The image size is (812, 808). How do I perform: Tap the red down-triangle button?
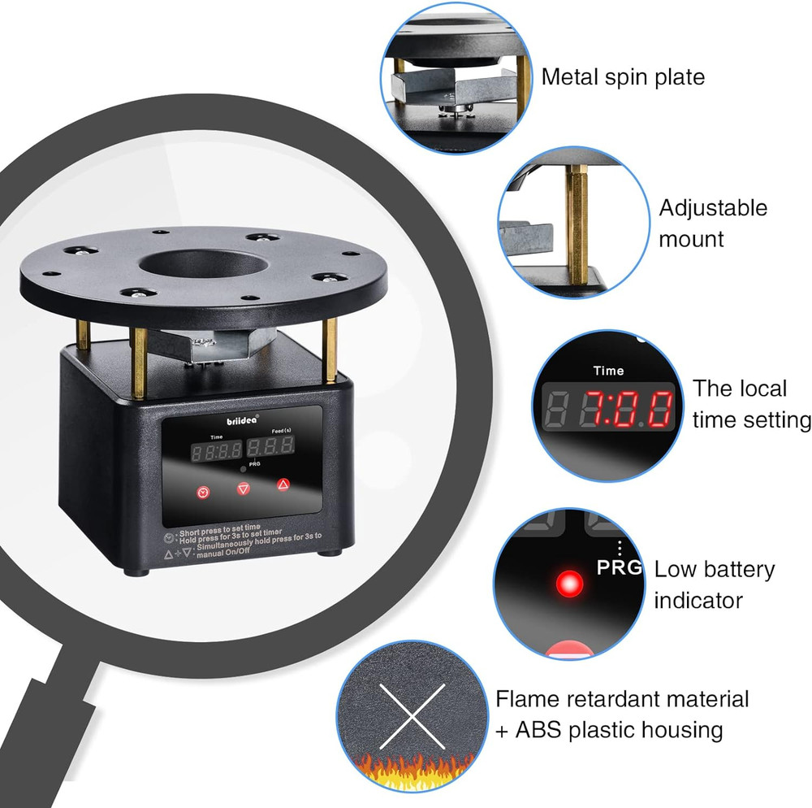click(242, 489)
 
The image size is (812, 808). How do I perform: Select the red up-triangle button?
click(283, 484)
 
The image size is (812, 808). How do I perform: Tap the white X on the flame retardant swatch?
click(412, 716)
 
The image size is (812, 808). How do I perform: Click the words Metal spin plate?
click(623, 77)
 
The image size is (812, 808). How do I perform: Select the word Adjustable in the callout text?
click(713, 208)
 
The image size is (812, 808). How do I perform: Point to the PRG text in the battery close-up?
click(619, 567)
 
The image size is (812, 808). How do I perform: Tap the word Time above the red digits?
click(608, 371)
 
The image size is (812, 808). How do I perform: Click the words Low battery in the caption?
click(715, 570)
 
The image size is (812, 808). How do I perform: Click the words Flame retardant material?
click(622, 698)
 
